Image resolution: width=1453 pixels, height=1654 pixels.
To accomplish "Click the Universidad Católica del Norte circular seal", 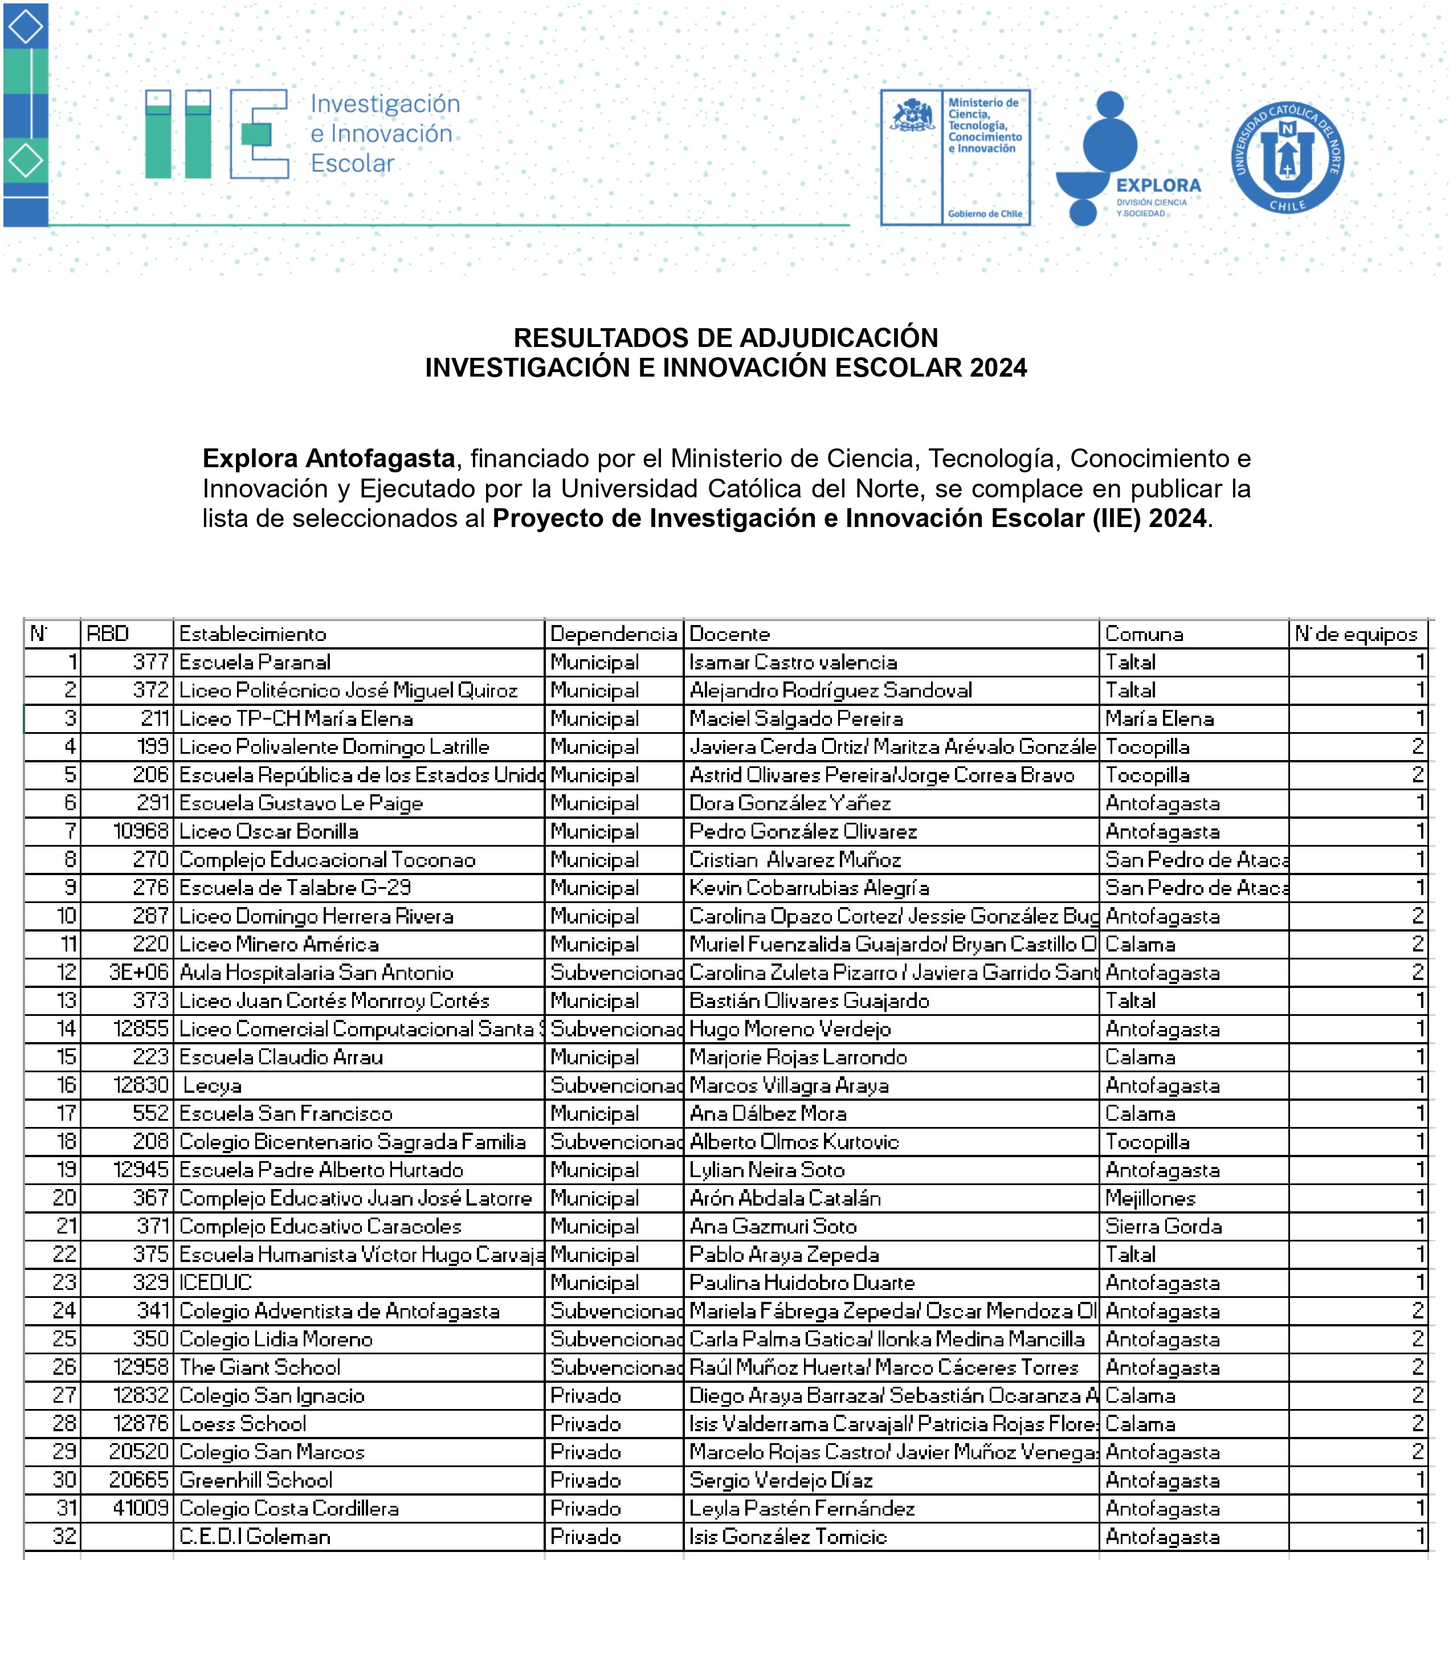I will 1287,157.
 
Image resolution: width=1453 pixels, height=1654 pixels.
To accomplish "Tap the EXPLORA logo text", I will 1158,185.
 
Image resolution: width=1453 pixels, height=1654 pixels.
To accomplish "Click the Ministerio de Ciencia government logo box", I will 955,157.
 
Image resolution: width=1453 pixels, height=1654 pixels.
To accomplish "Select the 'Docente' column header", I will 729,634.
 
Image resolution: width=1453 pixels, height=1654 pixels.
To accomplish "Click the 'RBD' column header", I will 108,634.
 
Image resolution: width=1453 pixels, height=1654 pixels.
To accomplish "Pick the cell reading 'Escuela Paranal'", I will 255,663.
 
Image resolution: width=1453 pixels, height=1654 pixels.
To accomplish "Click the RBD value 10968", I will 141,832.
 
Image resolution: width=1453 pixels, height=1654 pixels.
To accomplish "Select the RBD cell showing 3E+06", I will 138,973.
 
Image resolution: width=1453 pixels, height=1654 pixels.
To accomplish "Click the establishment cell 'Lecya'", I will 212,1086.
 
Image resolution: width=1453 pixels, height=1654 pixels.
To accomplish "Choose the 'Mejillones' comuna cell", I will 1150,1198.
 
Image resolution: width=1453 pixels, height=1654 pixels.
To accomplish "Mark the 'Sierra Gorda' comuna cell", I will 1163,1227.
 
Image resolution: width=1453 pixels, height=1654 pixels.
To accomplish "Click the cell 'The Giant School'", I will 260,1367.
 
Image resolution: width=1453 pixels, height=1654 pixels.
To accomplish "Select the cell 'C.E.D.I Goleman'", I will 255,1537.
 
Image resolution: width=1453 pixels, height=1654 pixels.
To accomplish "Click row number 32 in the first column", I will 65,1537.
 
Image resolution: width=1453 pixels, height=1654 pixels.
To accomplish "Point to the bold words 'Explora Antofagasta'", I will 329,459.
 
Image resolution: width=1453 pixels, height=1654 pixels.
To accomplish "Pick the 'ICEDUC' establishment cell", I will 215,1283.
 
